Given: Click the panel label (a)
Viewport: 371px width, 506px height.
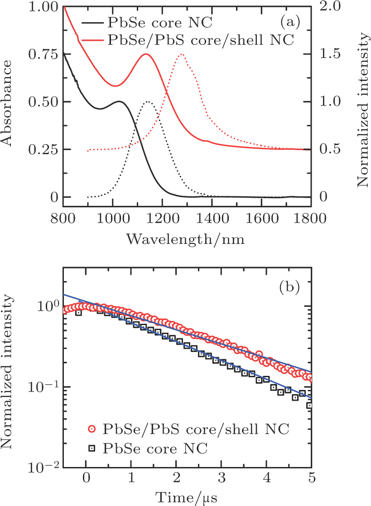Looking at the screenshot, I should [289, 21].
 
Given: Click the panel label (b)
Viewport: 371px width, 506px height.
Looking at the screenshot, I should [289, 288].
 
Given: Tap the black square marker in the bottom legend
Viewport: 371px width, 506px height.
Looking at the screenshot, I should [92, 449].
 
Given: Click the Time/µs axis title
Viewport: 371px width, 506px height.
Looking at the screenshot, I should [187, 497].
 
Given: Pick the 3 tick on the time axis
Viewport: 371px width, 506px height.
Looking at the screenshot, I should [221, 480].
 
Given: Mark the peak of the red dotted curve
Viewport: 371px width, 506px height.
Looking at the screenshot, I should [181, 54].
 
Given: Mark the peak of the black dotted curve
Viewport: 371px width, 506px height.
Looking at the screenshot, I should [148, 102].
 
